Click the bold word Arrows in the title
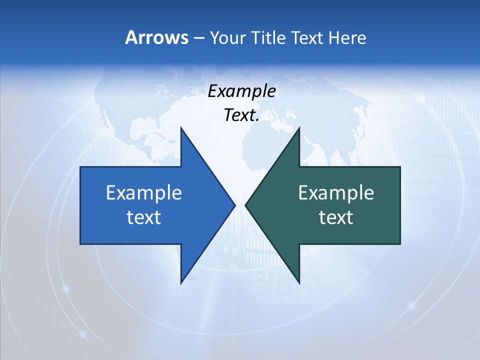click(156, 37)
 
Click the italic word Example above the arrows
click(242, 91)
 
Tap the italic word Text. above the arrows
click(242, 115)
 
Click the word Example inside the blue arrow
click(144, 192)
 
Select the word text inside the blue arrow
click(144, 217)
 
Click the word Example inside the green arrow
click(336, 192)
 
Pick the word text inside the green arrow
click(336, 217)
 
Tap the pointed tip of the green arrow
click(246, 205)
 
